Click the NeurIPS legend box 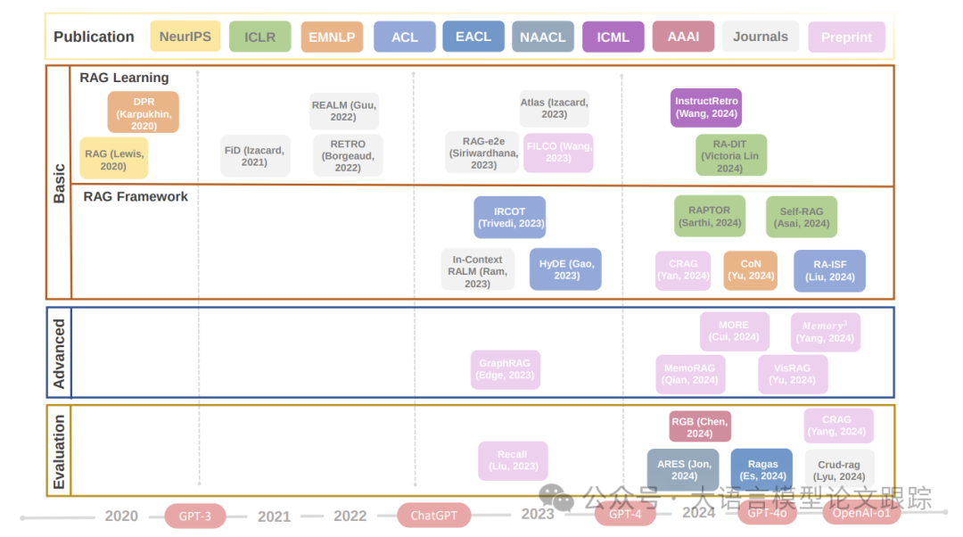(185, 37)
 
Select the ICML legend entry (613, 37)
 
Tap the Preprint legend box (846, 37)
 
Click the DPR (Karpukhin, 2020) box (144, 113)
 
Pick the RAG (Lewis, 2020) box (113, 160)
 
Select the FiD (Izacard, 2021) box (254, 156)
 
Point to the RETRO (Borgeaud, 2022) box (348, 156)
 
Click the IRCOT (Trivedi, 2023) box (509, 217)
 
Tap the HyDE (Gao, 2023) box (565, 268)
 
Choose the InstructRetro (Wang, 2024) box (706, 107)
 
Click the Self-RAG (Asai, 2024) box (802, 217)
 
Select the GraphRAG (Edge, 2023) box (506, 368)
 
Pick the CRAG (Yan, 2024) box (683, 269)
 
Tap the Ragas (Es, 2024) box (762, 469)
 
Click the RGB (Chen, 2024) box (700, 426)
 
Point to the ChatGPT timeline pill (433, 515)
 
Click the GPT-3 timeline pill (194, 515)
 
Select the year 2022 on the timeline (350, 516)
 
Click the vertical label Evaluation (59, 451)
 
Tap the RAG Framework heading (136, 196)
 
